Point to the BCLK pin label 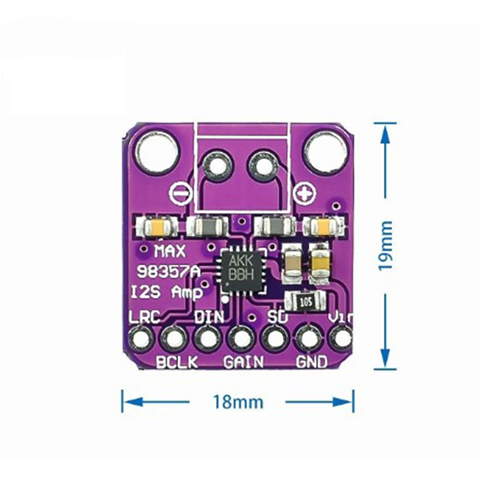point(174,362)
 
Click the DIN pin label point(208,317)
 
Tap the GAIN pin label point(243,362)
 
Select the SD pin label point(275,317)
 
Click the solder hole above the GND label point(310,339)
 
